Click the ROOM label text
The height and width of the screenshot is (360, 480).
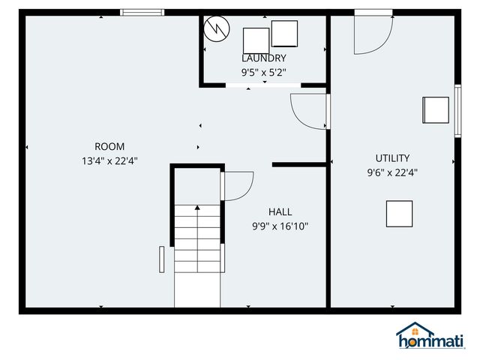click(x=109, y=146)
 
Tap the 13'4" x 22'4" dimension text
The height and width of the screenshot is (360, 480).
click(x=109, y=160)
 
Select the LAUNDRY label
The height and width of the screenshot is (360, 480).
click(x=263, y=58)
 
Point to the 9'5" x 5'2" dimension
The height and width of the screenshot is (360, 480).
click(x=263, y=73)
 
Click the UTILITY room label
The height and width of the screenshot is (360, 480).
click(x=392, y=157)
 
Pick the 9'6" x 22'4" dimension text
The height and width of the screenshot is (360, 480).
click(x=392, y=172)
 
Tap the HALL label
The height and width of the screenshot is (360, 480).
click(x=280, y=211)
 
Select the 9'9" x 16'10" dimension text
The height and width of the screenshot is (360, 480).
click(x=280, y=226)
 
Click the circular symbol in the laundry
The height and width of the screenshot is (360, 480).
click(x=217, y=28)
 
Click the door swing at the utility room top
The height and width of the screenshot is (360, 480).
click(x=373, y=34)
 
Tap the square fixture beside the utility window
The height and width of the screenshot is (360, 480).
click(x=435, y=109)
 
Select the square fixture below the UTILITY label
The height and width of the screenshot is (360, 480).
click(x=399, y=214)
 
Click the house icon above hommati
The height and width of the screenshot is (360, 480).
click(x=415, y=330)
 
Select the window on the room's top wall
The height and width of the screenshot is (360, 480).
click(x=142, y=12)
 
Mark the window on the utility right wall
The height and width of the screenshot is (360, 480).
click(x=457, y=110)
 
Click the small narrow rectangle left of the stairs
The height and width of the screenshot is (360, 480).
click(x=161, y=259)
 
